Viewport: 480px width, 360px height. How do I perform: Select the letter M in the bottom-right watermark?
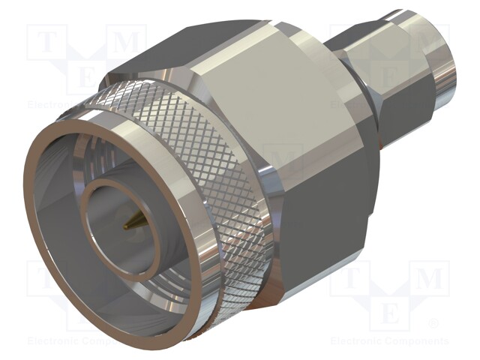point(428,279)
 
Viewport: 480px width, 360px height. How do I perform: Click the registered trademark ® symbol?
point(433,324)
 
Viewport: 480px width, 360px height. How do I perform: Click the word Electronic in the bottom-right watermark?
point(357,340)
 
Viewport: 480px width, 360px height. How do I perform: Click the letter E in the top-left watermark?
point(86,75)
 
